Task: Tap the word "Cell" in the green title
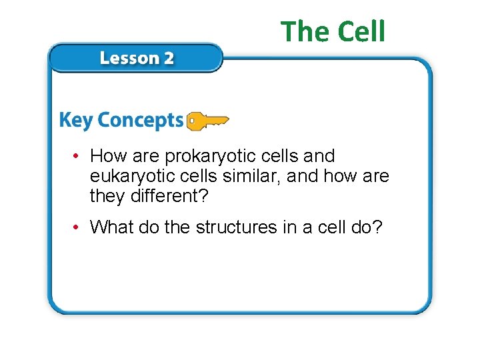point(361,31)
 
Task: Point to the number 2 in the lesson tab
point(168,58)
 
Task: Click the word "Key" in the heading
point(75,121)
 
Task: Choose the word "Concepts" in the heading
point(139,121)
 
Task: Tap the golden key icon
point(207,121)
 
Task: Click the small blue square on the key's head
point(192,121)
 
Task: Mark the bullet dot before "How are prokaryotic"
point(78,157)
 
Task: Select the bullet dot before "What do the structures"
point(78,228)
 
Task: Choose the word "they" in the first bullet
point(105,197)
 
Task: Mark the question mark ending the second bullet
point(377,227)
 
